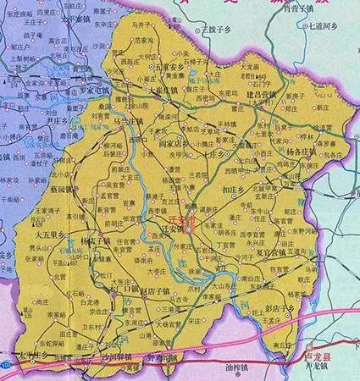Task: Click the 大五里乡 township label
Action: pyautogui.click(x=36, y=229)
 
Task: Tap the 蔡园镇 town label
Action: pyautogui.click(x=60, y=190)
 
